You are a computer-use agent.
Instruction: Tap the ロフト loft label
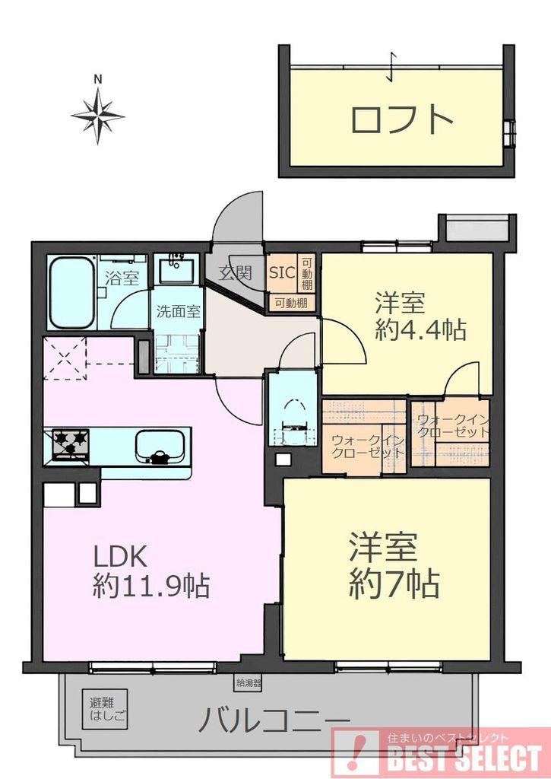(x=401, y=119)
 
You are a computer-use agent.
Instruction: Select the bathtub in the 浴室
(x=72, y=292)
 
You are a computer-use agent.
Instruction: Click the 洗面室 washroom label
(x=178, y=311)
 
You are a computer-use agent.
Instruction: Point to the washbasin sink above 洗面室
(x=176, y=269)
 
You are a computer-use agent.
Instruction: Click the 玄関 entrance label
(x=236, y=273)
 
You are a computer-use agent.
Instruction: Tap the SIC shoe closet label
(x=282, y=272)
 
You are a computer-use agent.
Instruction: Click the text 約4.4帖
(x=420, y=329)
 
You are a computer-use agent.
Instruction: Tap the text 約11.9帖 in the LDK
(x=151, y=586)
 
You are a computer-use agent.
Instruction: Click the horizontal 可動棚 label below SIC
(x=291, y=303)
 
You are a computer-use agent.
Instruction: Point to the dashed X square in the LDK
(x=65, y=358)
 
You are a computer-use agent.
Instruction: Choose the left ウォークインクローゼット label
(x=367, y=447)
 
